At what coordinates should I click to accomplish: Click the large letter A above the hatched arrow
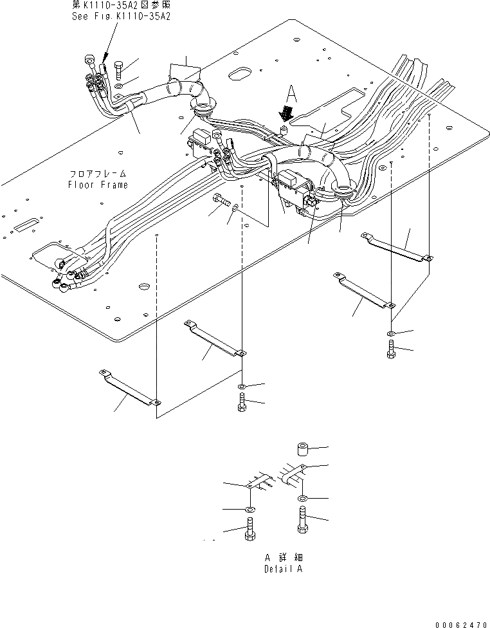click(x=292, y=94)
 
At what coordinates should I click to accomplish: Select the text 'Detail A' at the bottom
click(x=283, y=569)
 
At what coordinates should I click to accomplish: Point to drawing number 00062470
click(x=461, y=623)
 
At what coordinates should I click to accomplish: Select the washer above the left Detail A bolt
click(x=250, y=510)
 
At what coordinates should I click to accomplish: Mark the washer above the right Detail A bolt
click(x=302, y=499)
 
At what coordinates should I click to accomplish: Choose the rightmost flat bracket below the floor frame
click(x=397, y=246)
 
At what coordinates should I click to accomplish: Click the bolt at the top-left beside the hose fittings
click(x=120, y=69)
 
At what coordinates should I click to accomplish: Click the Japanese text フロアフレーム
click(x=99, y=174)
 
